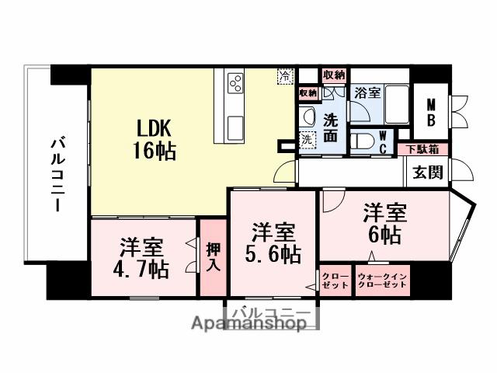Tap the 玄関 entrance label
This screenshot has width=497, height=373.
click(428, 172)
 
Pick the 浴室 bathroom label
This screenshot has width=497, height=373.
click(367, 92)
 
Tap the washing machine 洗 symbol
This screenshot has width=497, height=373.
click(307, 140)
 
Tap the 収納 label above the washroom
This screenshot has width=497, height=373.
click(334, 75)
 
